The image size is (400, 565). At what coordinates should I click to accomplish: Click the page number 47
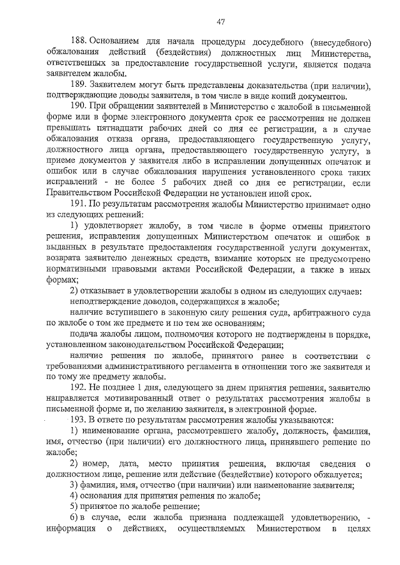click(221, 22)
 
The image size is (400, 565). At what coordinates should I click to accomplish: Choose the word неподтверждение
click(111, 300)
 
